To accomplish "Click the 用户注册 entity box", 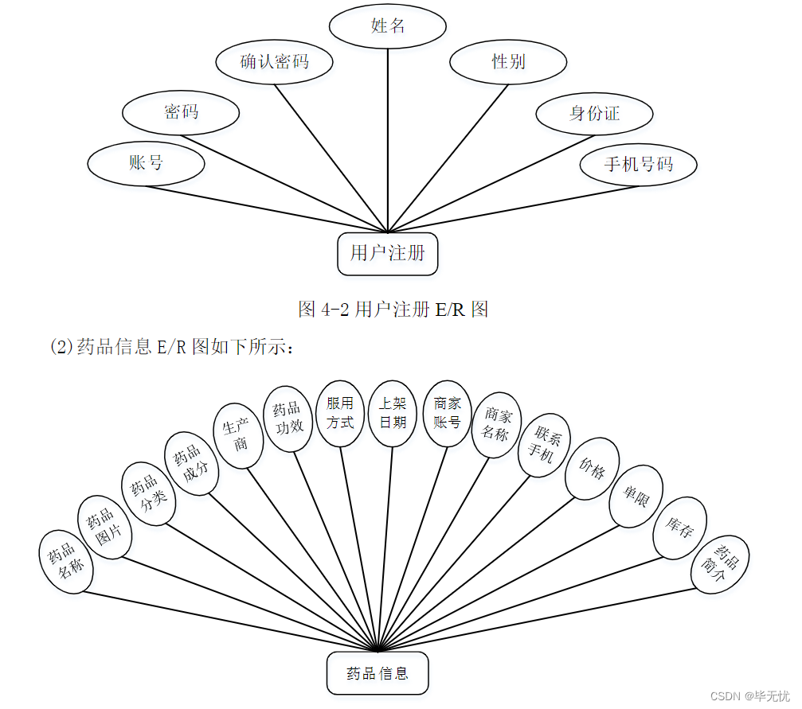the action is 387,254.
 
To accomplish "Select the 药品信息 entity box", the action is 378,673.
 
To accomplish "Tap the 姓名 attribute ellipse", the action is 388,26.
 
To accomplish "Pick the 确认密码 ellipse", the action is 275,61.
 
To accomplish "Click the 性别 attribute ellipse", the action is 508,62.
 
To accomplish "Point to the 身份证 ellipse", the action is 594,114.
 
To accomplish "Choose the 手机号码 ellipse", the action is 639,165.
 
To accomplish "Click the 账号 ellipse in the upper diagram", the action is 146,163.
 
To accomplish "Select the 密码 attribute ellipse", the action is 181,112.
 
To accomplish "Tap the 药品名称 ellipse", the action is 66,562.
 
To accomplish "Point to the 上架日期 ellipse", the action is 393,412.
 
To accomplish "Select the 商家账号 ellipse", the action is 447,413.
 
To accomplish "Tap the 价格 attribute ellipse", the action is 592,469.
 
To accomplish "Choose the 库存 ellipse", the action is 679,528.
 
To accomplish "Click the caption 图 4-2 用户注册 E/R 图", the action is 393,310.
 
